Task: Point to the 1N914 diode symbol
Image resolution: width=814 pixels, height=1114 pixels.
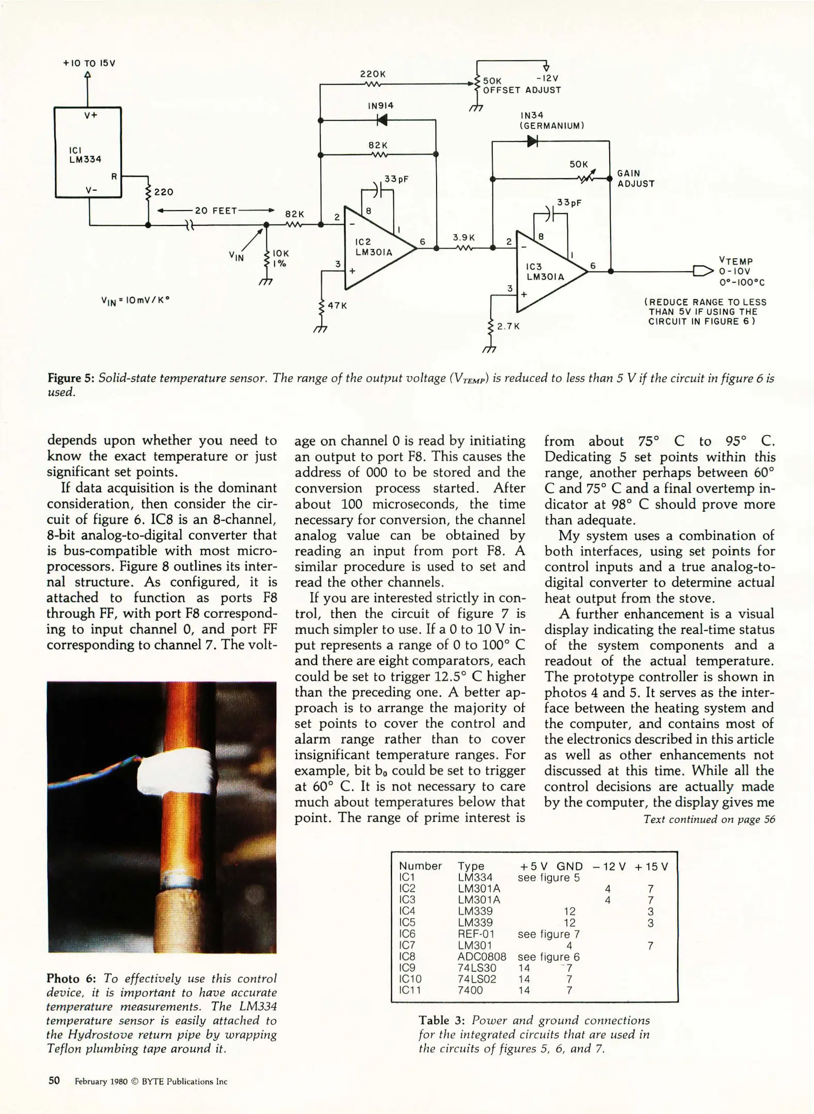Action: pos(382,120)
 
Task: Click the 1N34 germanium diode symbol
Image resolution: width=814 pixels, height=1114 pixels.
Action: pos(532,141)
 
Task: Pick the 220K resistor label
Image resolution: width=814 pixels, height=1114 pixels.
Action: pos(373,74)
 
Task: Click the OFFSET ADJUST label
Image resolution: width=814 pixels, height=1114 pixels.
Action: pos(522,90)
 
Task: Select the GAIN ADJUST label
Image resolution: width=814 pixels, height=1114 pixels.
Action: pos(636,178)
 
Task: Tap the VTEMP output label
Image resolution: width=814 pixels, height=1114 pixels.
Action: pos(736,261)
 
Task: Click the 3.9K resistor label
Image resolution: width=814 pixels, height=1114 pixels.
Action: pos(464,237)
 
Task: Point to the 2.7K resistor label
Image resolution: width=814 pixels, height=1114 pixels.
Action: pos(508,326)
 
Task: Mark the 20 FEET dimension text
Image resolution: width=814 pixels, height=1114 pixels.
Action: pos(216,210)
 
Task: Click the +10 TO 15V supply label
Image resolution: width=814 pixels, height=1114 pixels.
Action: pos(89,63)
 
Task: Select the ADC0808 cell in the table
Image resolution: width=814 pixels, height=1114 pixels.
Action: pos(482,957)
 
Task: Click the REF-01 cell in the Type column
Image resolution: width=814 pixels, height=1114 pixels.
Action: pos(476,934)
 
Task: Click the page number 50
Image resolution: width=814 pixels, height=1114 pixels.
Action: pos(54,1080)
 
